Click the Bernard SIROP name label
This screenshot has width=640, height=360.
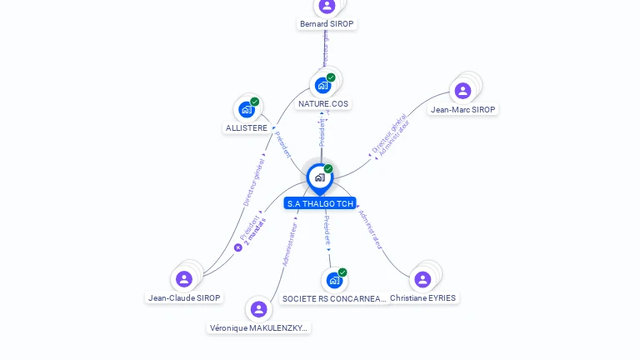pyautogui.click(x=327, y=24)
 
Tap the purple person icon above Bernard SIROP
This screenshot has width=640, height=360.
pyautogui.click(x=327, y=6)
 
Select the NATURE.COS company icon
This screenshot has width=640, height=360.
pyautogui.click(x=322, y=85)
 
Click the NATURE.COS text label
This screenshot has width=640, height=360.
pyautogui.click(x=323, y=104)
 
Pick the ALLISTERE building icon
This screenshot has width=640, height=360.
pyautogui.click(x=246, y=109)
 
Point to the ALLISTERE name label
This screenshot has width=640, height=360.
pyautogui.click(x=247, y=128)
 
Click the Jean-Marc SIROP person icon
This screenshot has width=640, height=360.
pyautogui.click(x=463, y=90)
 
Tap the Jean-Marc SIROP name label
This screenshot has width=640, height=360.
pyautogui.click(x=463, y=109)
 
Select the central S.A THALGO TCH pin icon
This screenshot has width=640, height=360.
pyautogui.click(x=319, y=177)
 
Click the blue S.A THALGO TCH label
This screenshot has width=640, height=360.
pyautogui.click(x=320, y=203)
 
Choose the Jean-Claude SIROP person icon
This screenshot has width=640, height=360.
pyautogui.click(x=184, y=278)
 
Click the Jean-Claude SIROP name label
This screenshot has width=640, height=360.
pyautogui.click(x=185, y=297)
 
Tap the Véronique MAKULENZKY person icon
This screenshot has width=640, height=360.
pyautogui.click(x=258, y=309)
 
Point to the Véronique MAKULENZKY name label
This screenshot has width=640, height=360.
pyautogui.click(x=259, y=328)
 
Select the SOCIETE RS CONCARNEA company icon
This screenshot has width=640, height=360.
pyautogui.click(x=334, y=280)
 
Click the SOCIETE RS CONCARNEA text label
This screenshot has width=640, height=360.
pyautogui.click(x=334, y=298)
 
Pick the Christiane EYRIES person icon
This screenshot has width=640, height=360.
pyautogui.click(x=422, y=279)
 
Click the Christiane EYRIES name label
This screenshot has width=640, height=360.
pyautogui.click(x=423, y=297)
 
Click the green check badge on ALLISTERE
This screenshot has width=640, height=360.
pyautogui.click(x=254, y=102)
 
